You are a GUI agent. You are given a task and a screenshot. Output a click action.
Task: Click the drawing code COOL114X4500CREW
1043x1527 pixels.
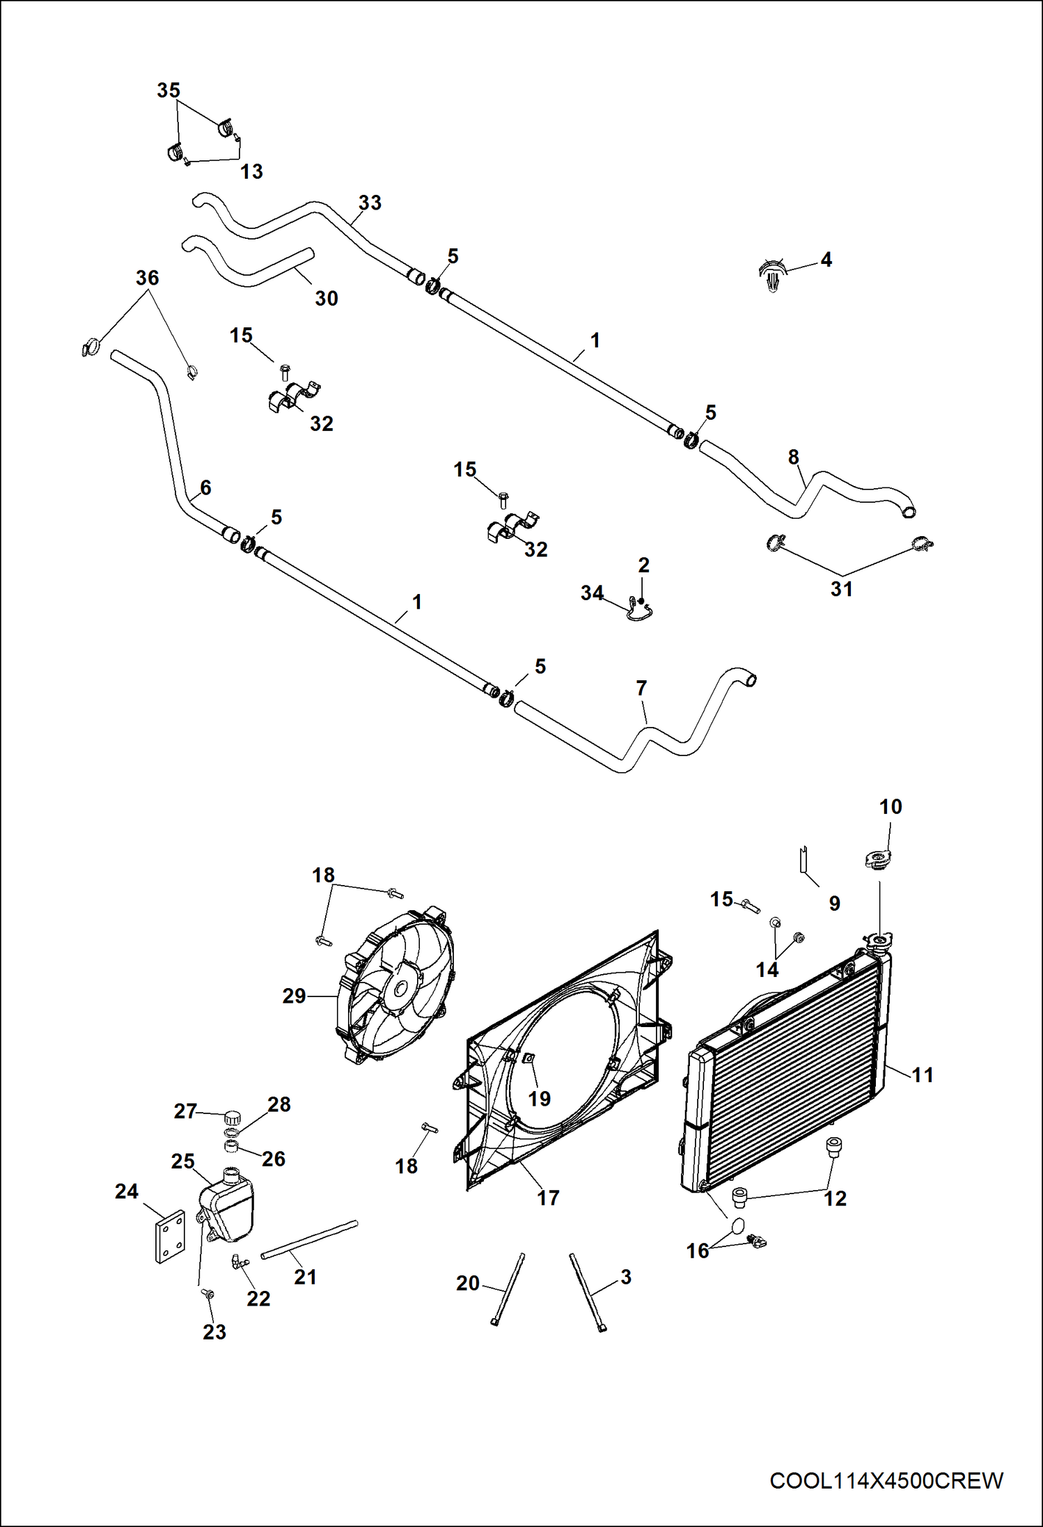tap(886, 1480)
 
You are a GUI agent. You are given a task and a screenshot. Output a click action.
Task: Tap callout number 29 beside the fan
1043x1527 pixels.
tap(294, 996)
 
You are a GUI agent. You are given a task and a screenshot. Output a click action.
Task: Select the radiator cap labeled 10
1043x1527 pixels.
tap(878, 859)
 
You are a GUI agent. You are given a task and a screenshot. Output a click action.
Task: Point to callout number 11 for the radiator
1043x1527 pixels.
tap(922, 1074)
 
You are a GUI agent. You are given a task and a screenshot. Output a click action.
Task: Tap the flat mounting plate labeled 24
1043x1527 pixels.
tap(169, 1236)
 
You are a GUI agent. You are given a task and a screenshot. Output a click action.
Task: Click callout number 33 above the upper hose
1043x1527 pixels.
tap(370, 203)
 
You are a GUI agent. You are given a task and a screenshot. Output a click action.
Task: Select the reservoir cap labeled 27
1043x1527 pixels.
tap(232, 1118)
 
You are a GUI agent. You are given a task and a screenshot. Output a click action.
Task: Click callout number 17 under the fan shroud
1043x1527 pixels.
tap(548, 1198)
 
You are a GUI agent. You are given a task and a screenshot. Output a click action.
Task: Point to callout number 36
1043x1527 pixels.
tap(148, 278)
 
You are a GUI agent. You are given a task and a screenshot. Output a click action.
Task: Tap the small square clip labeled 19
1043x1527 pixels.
tap(528, 1058)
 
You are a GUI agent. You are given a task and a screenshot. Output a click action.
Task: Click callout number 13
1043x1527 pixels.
tap(251, 171)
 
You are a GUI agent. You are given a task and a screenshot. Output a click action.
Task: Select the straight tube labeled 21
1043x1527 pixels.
tap(309, 1239)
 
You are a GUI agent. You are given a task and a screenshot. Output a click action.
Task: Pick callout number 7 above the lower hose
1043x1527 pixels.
tap(641, 688)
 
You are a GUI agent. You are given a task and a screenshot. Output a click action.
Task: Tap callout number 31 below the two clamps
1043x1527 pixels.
tap(841, 589)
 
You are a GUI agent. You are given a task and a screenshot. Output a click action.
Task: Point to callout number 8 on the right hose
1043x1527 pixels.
tap(793, 457)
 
